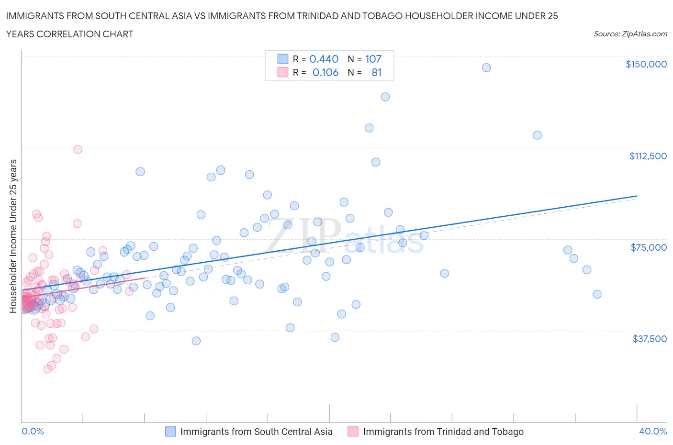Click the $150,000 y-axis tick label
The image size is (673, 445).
(646, 64)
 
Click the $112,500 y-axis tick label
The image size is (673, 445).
(648, 156)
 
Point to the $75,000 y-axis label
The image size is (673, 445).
(649, 247)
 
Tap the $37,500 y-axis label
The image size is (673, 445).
(650, 339)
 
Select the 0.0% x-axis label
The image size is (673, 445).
(33, 432)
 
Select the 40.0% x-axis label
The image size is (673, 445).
(653, 432)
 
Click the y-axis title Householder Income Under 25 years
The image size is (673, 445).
(13, 236)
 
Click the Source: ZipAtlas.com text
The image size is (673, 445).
(630, 34)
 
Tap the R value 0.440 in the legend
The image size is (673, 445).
(324, 59)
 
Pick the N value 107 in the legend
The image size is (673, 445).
(373, 59)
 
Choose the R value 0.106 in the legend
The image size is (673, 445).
(325, 73)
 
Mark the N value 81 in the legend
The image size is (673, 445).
(376, 73)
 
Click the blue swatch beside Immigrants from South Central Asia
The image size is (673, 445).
(170, 432)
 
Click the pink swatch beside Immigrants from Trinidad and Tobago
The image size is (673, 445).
(353, 432)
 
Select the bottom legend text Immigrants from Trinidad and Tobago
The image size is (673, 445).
(443, 432)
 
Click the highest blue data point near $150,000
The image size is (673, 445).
(486, 67)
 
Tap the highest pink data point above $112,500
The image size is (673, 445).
(78, 149)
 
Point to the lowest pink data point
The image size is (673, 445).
(48, 369)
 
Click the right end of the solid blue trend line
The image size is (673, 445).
(637, 196)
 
